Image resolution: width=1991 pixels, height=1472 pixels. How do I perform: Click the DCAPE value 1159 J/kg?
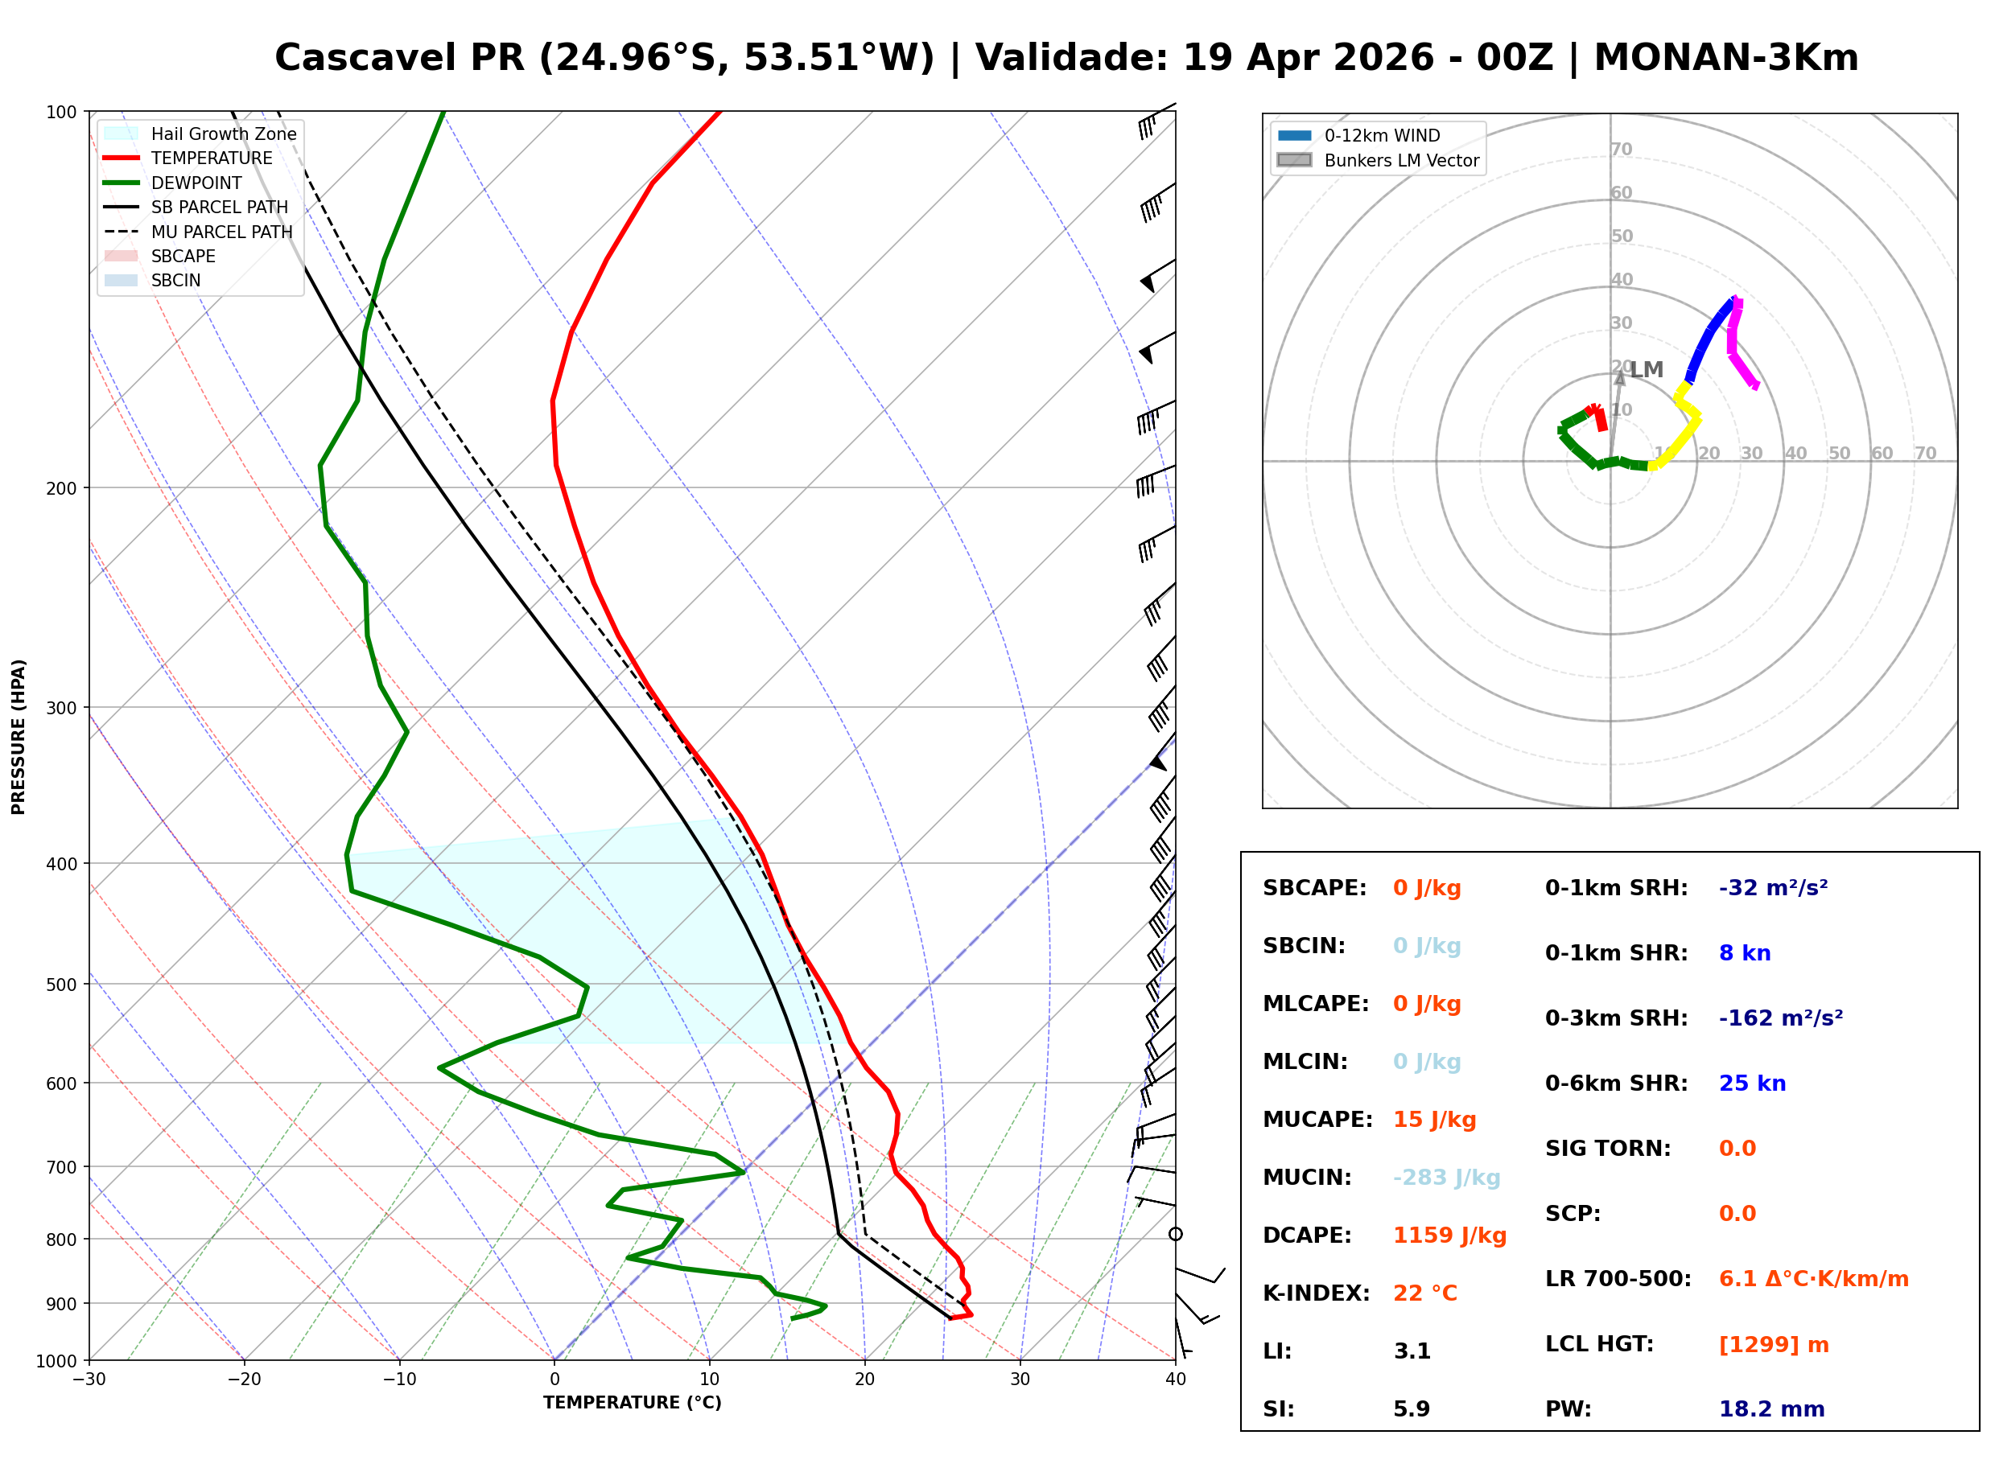click(1449, 1236)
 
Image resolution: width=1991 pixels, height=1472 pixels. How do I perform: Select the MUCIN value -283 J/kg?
click(1446, 1178)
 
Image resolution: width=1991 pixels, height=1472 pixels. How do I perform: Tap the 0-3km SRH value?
click(1781, 1018)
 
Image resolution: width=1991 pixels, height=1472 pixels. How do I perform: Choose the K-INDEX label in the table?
click(1316, 1293)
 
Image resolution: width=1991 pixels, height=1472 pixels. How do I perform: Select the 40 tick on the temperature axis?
click(1176, 1380)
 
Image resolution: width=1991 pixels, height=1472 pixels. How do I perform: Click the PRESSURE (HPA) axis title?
click(19, 737)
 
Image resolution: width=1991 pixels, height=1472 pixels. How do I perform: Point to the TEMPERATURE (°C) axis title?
click(633, 1404)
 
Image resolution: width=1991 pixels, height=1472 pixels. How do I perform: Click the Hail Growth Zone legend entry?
click(201, 134)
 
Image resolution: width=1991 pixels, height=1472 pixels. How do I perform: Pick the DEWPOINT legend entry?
click(174, 183)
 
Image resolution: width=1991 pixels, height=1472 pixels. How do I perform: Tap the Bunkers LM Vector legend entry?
click(1379, 160)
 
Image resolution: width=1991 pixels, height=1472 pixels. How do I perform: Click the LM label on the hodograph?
click(1647, 370)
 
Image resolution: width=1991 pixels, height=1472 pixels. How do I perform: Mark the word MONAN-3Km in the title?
click(1726, 58)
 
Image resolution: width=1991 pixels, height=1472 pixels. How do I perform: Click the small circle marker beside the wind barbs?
click(1176, 1234)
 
